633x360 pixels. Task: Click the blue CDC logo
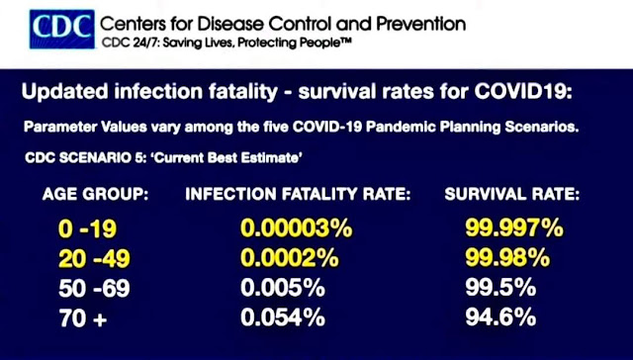(62, 29)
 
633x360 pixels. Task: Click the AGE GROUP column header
(95, 195)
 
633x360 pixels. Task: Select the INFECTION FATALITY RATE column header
(298, 195)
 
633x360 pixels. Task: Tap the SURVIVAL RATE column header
(512, 195)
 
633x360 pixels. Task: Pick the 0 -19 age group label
(88, 228)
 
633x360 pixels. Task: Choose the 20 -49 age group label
(94, 259)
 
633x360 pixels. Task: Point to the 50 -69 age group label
(94, 288)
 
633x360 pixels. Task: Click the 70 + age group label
(83, 318)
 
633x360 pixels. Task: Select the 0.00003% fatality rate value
(297, 228)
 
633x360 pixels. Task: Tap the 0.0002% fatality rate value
(290, 258)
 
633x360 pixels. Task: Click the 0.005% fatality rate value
(283, 288)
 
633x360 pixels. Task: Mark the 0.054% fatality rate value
(283, 317)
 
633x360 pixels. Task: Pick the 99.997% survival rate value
(514, 228)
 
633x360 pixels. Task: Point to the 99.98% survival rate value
(507, 258)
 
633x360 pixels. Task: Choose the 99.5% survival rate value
(500, 288)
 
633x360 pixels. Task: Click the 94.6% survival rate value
(500, 317)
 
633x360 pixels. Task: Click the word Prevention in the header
(421, 24)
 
